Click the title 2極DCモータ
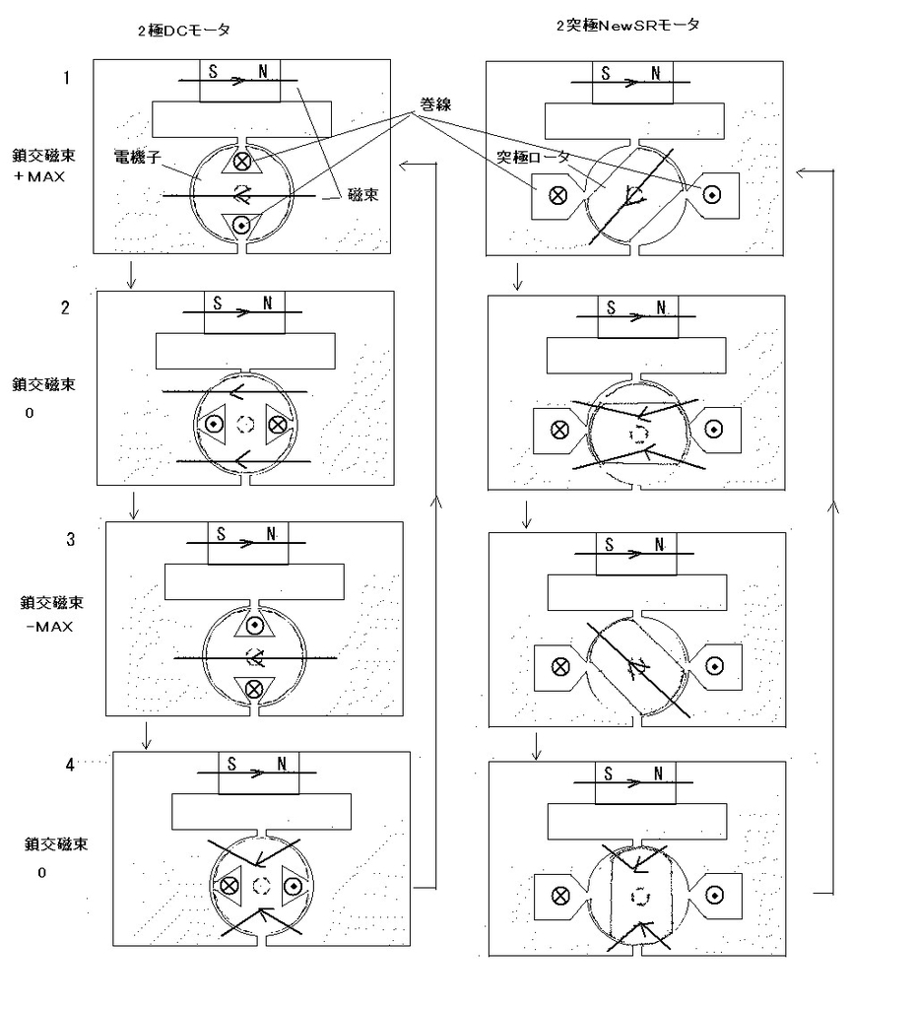(x=184, y=31)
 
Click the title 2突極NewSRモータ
(x=627, y=25)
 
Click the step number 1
(x=66, y=77)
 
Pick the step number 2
(x=65, y=307)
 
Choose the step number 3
(x=70, y=539)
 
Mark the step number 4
(x=70, y=764)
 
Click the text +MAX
(x=40, y=176)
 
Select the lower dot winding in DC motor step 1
(x=241, y=225)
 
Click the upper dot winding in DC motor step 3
(x=254, y=625)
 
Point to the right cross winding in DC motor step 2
(x=277, y=424)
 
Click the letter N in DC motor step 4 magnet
(x=282, y=764)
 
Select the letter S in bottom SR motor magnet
(x=609, y=774)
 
